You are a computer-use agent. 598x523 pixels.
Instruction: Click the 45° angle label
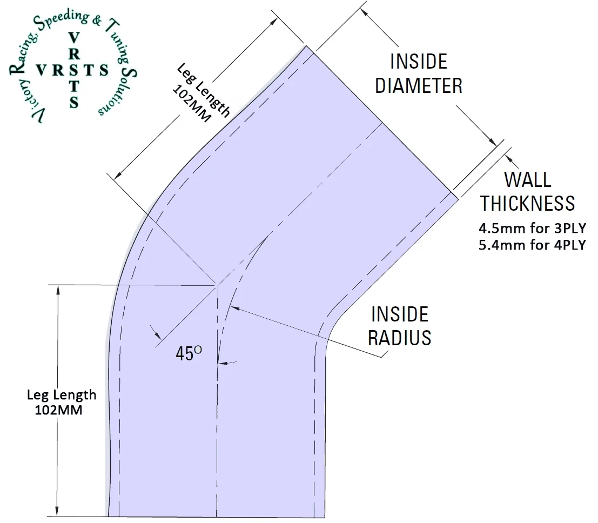pos(189,353)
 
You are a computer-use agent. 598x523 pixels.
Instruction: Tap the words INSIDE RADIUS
pos(400,326)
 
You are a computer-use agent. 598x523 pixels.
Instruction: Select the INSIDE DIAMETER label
pos(419,73)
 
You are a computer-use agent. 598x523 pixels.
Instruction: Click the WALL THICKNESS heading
pos(528,191)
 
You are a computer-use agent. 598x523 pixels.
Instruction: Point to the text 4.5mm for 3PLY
pos(532,229)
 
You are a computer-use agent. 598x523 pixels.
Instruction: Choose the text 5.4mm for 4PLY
pos(532,245)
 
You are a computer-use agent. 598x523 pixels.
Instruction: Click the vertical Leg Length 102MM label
pos(61,401)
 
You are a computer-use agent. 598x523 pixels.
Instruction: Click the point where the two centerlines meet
pos(217,284)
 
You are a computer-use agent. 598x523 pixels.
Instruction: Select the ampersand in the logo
pos(96,22)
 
